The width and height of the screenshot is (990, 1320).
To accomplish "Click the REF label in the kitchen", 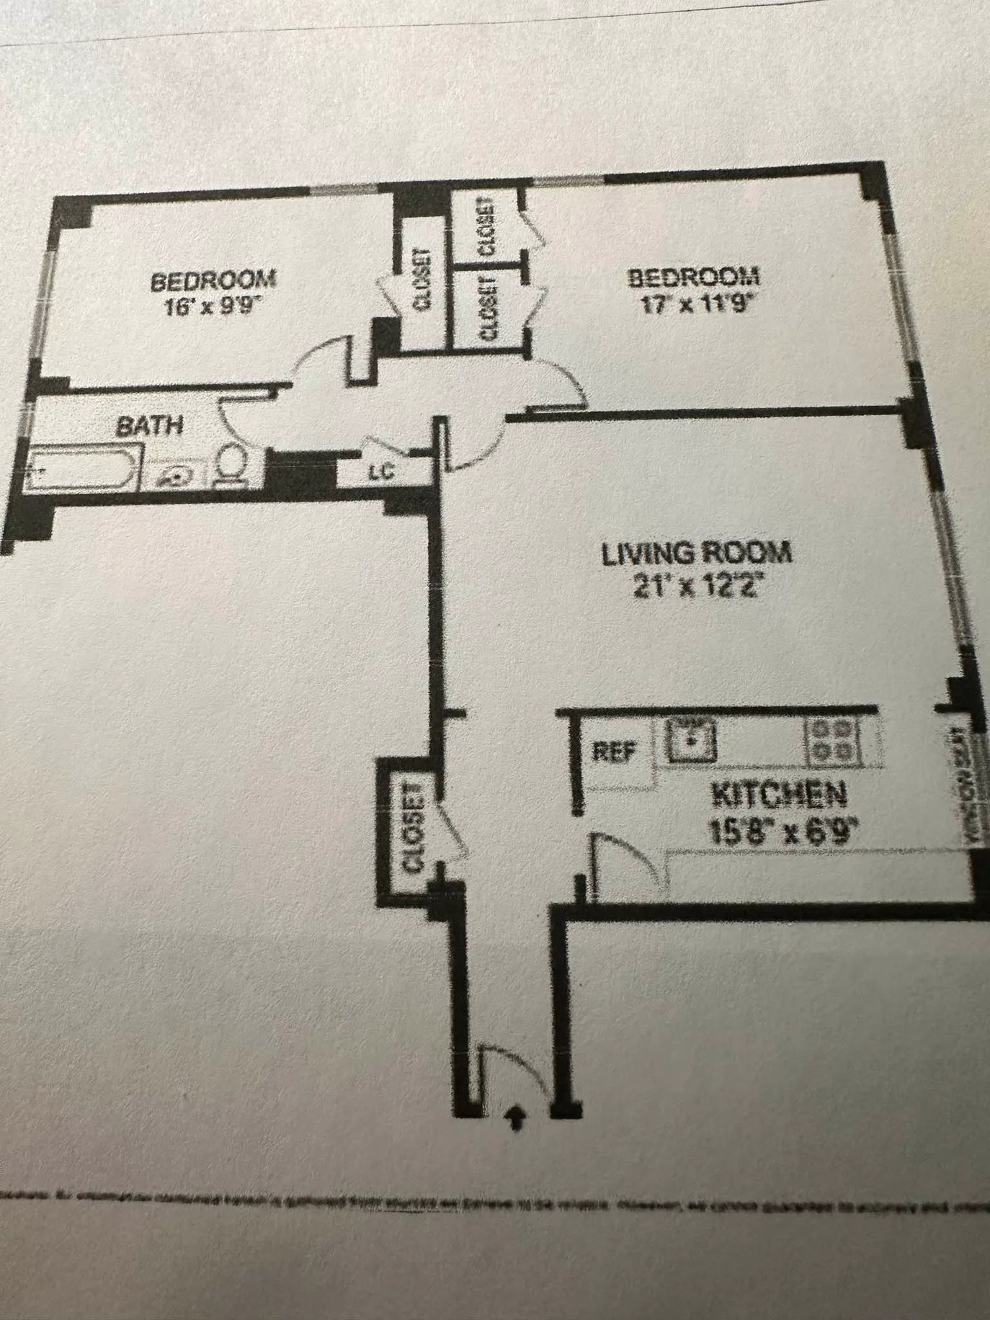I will (614, 752).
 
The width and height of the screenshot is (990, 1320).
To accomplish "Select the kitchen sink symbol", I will (691, 739).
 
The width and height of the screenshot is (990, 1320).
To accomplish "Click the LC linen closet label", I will (381, 472).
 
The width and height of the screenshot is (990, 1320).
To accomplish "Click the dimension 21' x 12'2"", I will (694, 588).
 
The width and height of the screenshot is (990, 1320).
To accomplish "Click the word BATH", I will (150, 426).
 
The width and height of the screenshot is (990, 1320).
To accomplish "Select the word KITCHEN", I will (778, 797).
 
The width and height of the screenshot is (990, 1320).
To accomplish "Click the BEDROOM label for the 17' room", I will (694, 278).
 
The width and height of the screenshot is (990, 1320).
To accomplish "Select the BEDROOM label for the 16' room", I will (213, 280).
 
